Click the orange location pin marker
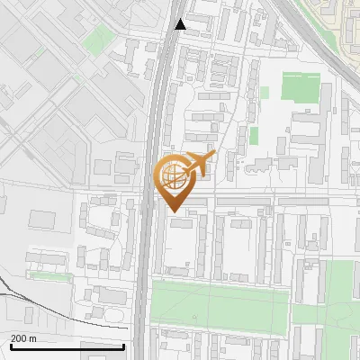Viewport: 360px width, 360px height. (174, 180)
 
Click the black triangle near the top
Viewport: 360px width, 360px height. (180, 24)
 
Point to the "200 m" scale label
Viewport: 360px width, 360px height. (23, 338)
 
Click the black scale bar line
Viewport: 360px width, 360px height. (67, 346)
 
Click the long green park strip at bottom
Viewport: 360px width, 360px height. (220, 304)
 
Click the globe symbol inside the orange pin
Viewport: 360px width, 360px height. (173, 175)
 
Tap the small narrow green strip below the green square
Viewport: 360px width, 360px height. (254, 135)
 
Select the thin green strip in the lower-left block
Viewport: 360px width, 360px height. (49, 275)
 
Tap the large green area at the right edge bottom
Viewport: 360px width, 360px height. (340, 310)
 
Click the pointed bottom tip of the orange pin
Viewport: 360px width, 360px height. (174, 211)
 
